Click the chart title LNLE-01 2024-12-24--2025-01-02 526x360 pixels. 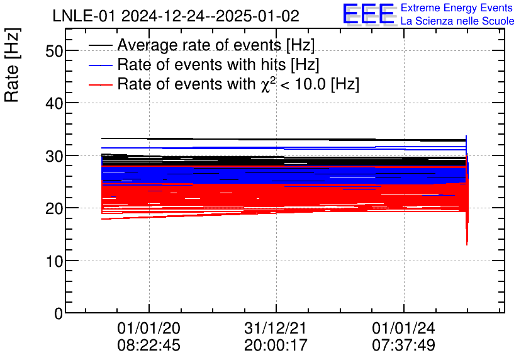click(176, 15)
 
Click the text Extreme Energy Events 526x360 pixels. click(456, 8)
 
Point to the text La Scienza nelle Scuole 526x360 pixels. click(457, 21)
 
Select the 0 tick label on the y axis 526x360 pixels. click(59, 313)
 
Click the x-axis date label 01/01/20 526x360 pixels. click(149, 329)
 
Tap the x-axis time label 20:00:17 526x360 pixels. click(276, 345)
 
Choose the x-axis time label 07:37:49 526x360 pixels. click(403, 345)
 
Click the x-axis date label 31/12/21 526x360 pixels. click(276, 329)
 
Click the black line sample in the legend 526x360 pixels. click(101, 46)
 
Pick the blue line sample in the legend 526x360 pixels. click(101, 65)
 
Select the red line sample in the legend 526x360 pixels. click(101, 84)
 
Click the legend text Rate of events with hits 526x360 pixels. click(218, 65)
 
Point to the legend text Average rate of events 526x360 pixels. click(216, 46)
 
